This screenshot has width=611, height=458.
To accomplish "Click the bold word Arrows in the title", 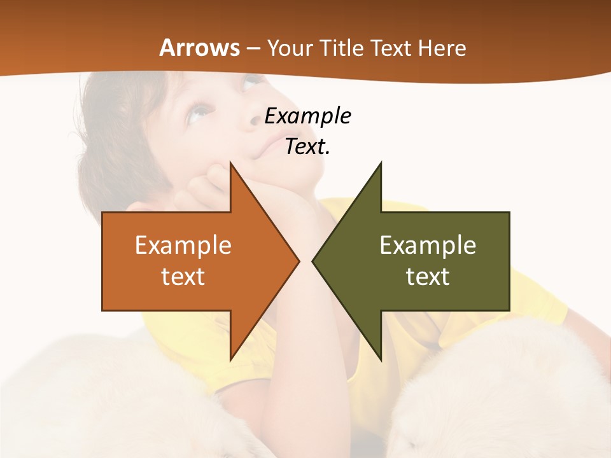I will [199, 48].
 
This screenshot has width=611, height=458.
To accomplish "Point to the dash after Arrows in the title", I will [253, 48].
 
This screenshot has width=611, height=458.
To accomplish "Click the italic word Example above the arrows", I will [307, 116].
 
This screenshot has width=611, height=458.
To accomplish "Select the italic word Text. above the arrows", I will [307, 147].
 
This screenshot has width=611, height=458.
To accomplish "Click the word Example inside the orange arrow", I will [183, 246].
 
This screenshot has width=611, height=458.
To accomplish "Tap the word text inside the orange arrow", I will [183, 277].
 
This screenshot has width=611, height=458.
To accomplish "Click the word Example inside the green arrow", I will [428, 246].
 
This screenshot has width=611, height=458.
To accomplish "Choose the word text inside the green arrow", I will [428, 277].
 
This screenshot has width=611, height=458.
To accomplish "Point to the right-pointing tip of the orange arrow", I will [298, 261].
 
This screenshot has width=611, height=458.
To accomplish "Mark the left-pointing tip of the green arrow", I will [313, 261].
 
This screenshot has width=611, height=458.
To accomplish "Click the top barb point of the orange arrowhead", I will [230, 163].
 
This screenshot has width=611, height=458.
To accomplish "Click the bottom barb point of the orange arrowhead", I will [230, 359].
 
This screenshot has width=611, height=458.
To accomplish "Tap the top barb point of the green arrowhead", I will [381, 163].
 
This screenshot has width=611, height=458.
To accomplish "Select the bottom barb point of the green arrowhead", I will [381, 359].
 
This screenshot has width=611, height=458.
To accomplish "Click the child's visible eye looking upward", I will [200, 113].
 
